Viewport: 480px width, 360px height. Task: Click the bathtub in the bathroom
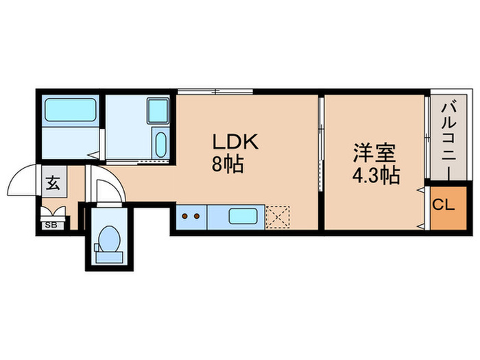point(70,110)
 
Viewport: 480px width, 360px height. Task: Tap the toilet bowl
point(108,239)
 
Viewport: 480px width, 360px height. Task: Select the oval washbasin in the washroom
point(160,144)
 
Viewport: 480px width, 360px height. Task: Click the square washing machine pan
point(158,110)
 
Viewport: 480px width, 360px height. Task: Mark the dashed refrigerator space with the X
point(279,217)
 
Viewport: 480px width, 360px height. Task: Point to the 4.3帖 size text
point(376,176)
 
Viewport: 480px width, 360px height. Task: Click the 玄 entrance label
point(53,183)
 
